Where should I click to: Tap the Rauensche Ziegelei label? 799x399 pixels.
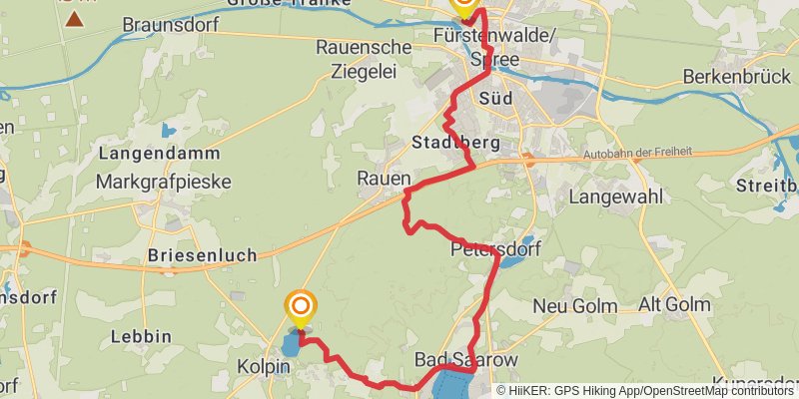[363, 59]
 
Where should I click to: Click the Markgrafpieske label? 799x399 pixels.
[163, 182]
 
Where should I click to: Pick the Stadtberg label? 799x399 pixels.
[455, 144]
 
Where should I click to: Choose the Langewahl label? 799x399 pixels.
[615, 197]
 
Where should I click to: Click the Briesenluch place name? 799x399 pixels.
[202, 254]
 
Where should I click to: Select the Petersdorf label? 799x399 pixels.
[495, 248]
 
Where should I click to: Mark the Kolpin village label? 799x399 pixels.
[263, 367]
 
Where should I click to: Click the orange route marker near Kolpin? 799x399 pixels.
[301, 305]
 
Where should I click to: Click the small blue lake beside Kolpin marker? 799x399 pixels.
[289, 344]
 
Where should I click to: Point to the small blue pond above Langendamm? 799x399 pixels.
[167, 130]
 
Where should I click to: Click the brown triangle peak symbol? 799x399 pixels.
[72, 17]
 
